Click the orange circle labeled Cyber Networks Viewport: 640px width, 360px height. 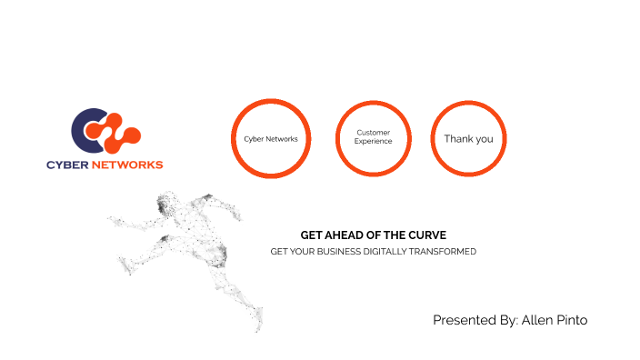(x=271, y=139)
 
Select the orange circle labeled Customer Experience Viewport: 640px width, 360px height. (x=374, y=138)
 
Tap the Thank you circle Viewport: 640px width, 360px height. (x=468, y=138)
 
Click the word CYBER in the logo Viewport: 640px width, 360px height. (x=69, y=165)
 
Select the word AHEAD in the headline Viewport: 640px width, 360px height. (x=344, y=235)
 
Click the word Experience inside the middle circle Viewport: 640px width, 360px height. (x=374, y=142)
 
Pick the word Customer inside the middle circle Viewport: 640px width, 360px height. (x=374, y=133)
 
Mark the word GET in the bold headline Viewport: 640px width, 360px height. (x=311, y=235)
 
